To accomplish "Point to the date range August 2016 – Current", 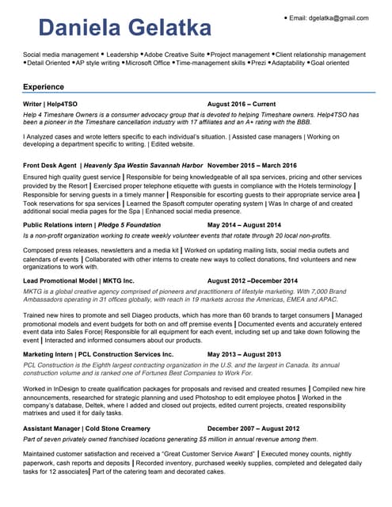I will point(242,105).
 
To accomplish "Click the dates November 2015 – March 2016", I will point(257,165).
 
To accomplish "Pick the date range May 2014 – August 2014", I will point(244,225).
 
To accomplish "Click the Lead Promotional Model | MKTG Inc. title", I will point(79,280).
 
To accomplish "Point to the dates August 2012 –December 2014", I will point(253,280).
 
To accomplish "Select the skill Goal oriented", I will point(331,63).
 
